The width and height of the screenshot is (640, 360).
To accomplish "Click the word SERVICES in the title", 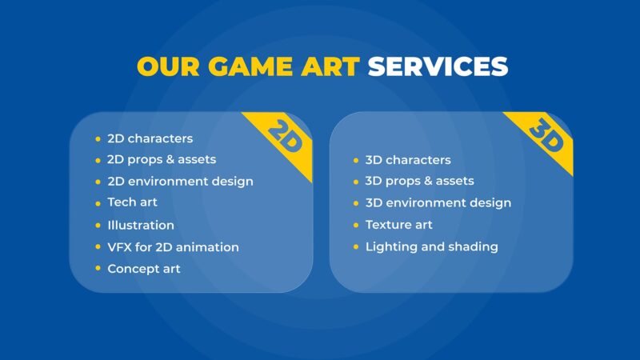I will (x=438, y=66).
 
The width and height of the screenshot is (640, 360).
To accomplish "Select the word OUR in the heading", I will (x=169, y=66).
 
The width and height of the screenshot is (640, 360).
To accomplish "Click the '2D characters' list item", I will (x=150, y=138).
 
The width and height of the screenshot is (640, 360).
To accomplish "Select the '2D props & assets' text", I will (x=162, y=159).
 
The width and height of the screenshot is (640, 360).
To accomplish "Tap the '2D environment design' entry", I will (x=180, y=182).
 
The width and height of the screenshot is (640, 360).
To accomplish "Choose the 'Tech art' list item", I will (x=132, y=202).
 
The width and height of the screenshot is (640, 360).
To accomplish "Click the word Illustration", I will (x=141, y=225).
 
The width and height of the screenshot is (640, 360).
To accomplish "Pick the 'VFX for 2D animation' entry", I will (x=173, y=247).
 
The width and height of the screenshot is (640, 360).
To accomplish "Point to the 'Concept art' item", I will (x=144, y=269).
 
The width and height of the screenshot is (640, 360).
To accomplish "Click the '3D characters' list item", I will (x=408, y=160).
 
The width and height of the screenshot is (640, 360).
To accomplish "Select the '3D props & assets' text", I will (x=419, y=181).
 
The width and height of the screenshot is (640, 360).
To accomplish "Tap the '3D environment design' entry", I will (x=438, y=203).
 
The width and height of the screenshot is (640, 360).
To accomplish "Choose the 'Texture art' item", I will (x=398, y=225).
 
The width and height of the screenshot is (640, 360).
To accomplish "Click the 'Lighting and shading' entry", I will (x=431, y=246).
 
